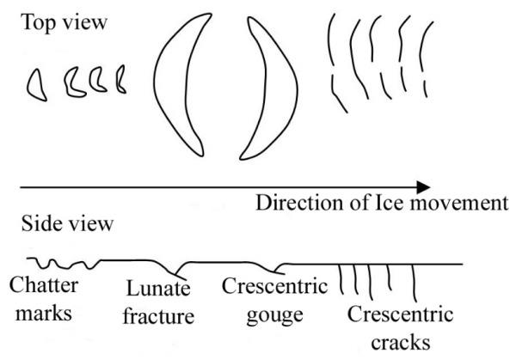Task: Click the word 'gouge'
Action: pyautogui.click(x=273, y=314)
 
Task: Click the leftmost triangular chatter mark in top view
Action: pyautogui.click(x=37, y=83)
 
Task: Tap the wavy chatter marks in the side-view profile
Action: pyautogui.click(x=60, y=262)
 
